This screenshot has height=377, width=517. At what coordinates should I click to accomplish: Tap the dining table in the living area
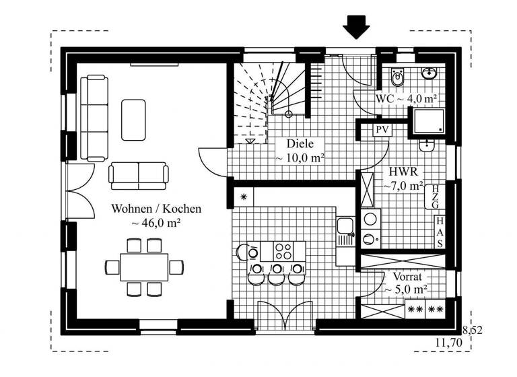(144, 267)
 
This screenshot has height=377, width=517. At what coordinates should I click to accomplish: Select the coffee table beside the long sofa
(134, 120)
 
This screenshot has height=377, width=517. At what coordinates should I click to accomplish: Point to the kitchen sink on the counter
(345, 230)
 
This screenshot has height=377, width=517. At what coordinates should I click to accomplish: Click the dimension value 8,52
(473, 329)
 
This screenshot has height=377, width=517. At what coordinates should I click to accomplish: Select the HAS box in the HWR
(439, 232)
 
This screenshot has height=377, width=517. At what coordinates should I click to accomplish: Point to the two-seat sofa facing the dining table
(139, 174)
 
